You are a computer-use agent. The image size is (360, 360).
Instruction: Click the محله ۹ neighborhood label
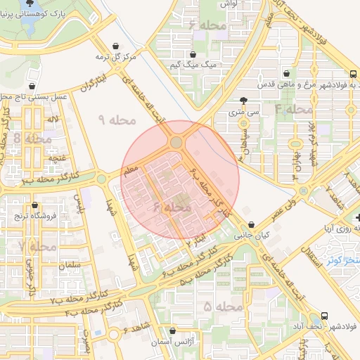[116, 120]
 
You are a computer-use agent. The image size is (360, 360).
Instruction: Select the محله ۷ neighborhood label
[39, 247]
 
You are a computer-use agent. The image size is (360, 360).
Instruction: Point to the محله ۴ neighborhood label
[293, 110]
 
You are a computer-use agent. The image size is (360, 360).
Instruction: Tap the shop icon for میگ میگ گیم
[193, 54]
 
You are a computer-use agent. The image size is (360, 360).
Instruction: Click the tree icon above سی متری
[243, 101]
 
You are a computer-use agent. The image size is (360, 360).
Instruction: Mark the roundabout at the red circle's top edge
[176, 143]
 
